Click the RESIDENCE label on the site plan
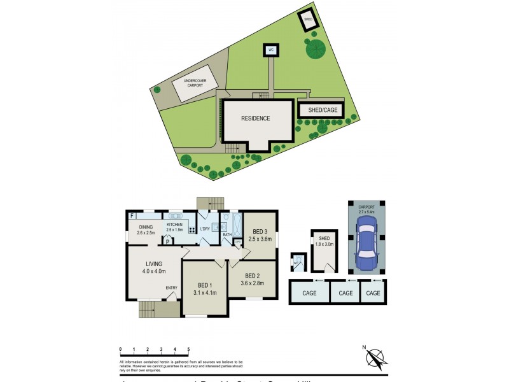pos(256,118)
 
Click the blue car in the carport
pos(366,242)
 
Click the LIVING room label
pos(154,267)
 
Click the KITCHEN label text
pos(174,227)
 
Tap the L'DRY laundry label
pos(205,229)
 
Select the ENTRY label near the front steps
pos(172,288)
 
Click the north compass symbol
pos(376,358)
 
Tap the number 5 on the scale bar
pos(188,349)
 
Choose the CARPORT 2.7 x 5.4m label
pos(366,209)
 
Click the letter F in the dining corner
pos(132,216)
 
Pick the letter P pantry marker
pos(167,242)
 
